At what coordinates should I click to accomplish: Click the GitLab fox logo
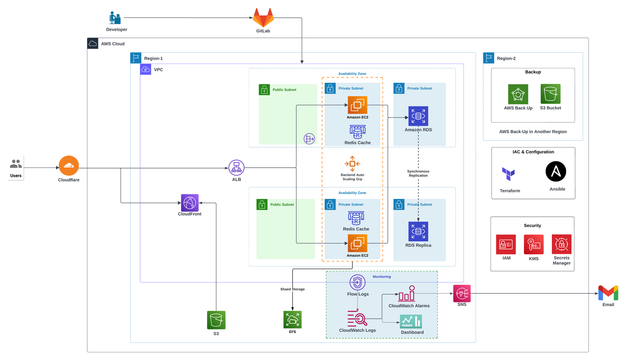coord(263,18)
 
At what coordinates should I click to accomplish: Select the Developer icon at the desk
coord(115,18)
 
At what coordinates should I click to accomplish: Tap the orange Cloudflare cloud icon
coord(69,165)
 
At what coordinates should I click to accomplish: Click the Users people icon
coord(16,164)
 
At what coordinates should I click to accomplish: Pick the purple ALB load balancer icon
coord(237,168)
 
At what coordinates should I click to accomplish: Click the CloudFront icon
coord(189,203)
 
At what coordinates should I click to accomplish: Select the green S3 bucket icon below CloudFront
coord(216,320)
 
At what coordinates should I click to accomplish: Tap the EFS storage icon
coord(292,320)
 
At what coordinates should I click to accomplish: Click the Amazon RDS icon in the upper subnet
coord(418,116)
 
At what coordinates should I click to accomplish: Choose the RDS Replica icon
coord(418,231)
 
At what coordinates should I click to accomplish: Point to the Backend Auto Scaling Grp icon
coord(352,164)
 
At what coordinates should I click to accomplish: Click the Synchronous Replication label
coord(418,173)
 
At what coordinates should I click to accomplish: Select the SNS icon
coord(462,293)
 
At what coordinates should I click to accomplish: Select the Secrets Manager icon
coord(561,244)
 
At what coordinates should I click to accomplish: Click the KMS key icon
coord(534,245)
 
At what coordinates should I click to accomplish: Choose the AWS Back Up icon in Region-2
coord(518,94)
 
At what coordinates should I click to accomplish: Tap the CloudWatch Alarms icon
coord(407,294)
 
